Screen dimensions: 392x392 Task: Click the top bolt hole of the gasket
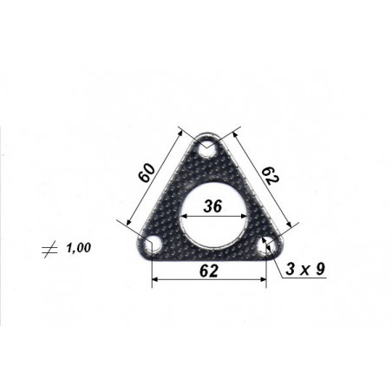(207, 148)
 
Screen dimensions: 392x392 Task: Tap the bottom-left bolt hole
(153, 245)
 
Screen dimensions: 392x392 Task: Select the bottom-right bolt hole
(266, 245)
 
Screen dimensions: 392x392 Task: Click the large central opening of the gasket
(214, 216)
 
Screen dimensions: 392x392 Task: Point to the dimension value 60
(147, 173)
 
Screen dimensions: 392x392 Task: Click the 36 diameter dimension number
(212, 206)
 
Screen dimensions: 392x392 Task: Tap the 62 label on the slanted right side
(270, 176)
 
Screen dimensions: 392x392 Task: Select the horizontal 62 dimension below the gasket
(209, 271)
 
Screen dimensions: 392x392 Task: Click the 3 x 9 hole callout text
(305, 269)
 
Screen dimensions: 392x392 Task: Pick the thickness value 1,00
(79, 248)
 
